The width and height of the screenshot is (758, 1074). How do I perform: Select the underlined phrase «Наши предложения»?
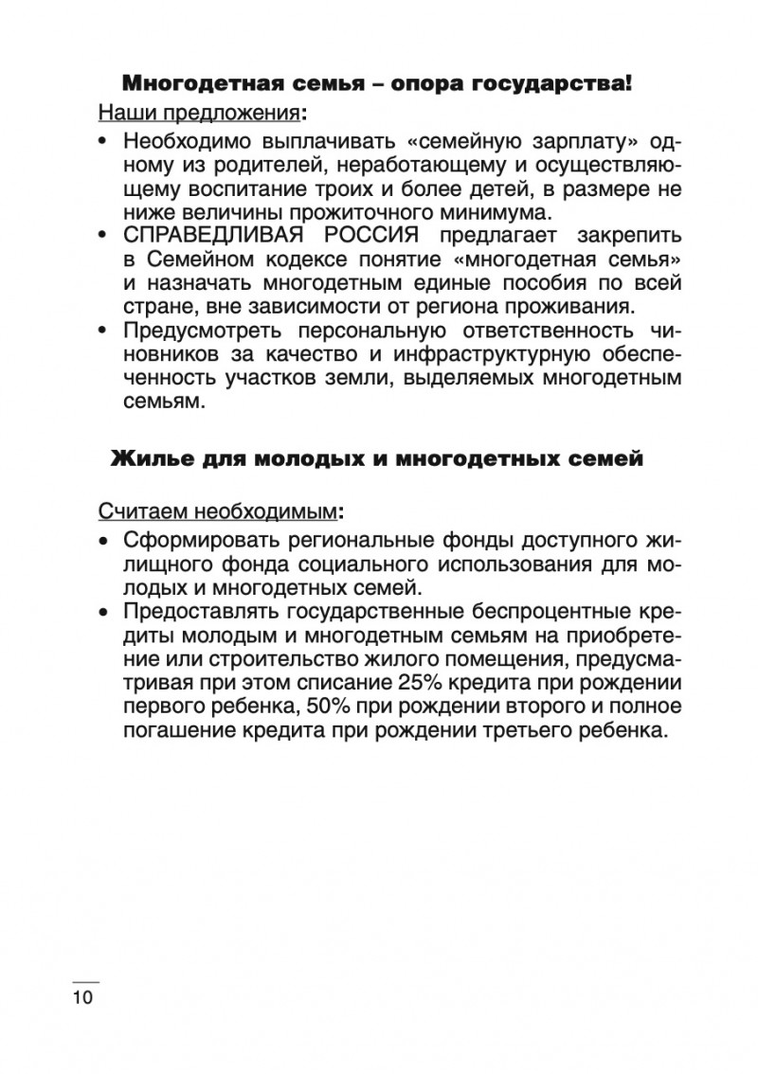click(x=198, y=115)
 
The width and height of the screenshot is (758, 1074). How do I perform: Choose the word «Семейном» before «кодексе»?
click(x=194, y=259)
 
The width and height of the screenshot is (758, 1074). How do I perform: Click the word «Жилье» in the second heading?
click(x=148, y=459)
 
